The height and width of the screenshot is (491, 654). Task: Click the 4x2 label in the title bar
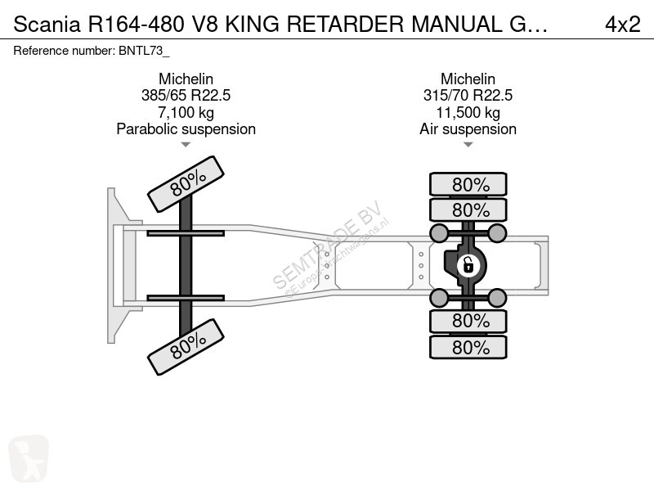coord(622,25)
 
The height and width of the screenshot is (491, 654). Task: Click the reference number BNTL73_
coord(144,51)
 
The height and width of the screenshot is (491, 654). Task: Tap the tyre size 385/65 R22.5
coord(186,96)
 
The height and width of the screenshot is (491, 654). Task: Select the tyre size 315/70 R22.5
coord(468,96)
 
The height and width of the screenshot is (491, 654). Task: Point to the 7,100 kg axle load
coord(186,113)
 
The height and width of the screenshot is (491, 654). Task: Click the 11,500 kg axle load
coord(468,113)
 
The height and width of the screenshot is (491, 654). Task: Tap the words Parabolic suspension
coord(186,129)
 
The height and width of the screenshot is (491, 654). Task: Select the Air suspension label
coord(468,129)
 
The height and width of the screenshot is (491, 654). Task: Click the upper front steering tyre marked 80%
coord(186,184)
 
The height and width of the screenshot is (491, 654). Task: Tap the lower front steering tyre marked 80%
coord(186,347)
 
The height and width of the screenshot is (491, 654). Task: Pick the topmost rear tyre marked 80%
coord(468,184)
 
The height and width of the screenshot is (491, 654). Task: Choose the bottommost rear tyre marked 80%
coord(468,347)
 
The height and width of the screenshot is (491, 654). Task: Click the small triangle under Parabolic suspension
coord(186,145)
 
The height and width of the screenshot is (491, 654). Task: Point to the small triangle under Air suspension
coord(468,145)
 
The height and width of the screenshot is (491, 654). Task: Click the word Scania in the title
coord(47,25)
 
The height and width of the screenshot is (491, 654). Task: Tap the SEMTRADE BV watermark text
coord(328,245)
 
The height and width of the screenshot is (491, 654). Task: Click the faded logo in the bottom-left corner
coord(29,458)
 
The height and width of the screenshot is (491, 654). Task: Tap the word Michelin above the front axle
coord(186,79)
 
